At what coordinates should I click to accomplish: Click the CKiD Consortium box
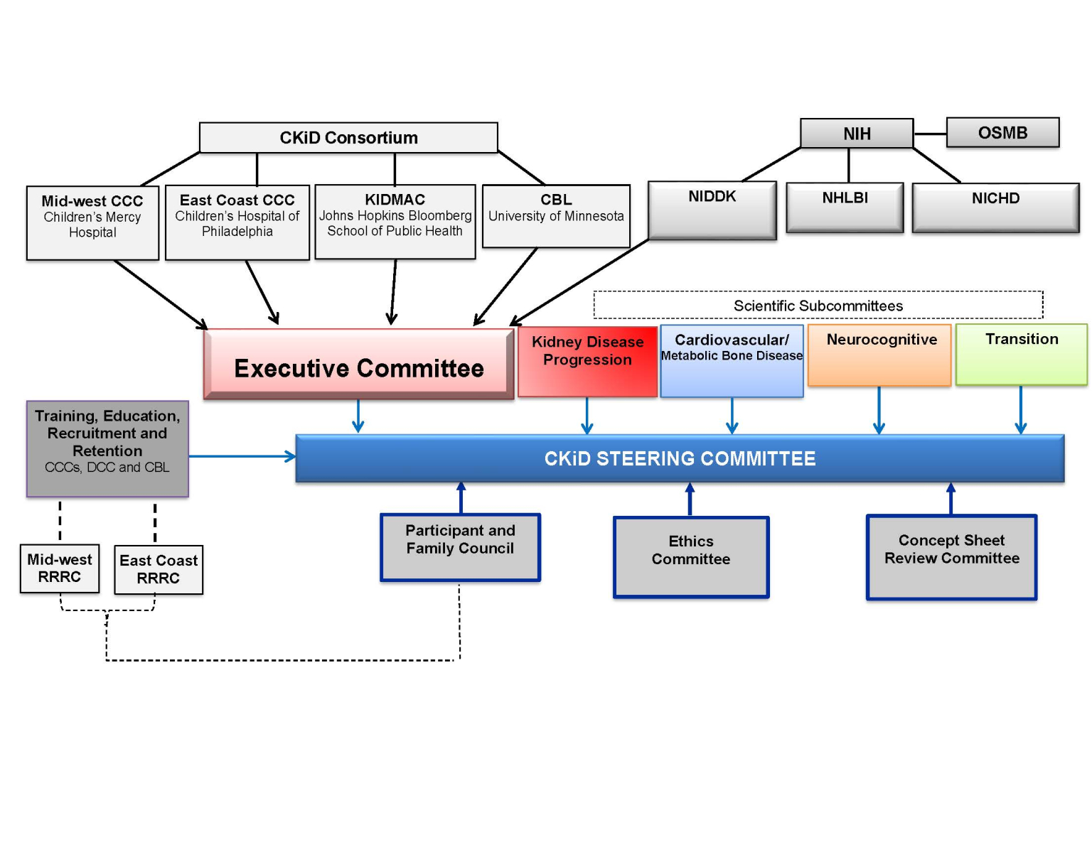click(x=348, y=137)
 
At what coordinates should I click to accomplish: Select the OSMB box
click(x=1002, y=133)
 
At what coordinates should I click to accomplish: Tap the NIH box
click(x=857, y=134)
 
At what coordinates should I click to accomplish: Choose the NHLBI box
click(x=845, y=207)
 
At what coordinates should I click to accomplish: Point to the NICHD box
click(x=995, y=207)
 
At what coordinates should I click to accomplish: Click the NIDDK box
click(x=712, y=210)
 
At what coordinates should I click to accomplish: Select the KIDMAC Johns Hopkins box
click(x=395, y=222)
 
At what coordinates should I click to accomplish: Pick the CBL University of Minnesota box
click(x=556, y=216)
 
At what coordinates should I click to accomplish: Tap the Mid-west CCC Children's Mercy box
click(x=92, y=222)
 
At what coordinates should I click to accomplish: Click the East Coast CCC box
click(x=237, y=222)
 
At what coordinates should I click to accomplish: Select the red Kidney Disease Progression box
click(x=587, y=361)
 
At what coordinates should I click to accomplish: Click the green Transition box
click(x=1022, y=354)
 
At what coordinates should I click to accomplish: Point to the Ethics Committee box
click(x=691, y=556)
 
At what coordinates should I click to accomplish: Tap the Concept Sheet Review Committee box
click(x=951, y=557)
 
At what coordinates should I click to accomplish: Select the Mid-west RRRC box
click(x=60, y=568)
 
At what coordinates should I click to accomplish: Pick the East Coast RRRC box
click(x=159, y=569)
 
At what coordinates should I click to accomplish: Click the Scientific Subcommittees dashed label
click(x=818, y=306)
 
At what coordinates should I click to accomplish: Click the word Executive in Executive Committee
click(x=291, y=368)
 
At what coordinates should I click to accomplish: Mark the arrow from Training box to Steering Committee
click(x=242, y=456)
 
